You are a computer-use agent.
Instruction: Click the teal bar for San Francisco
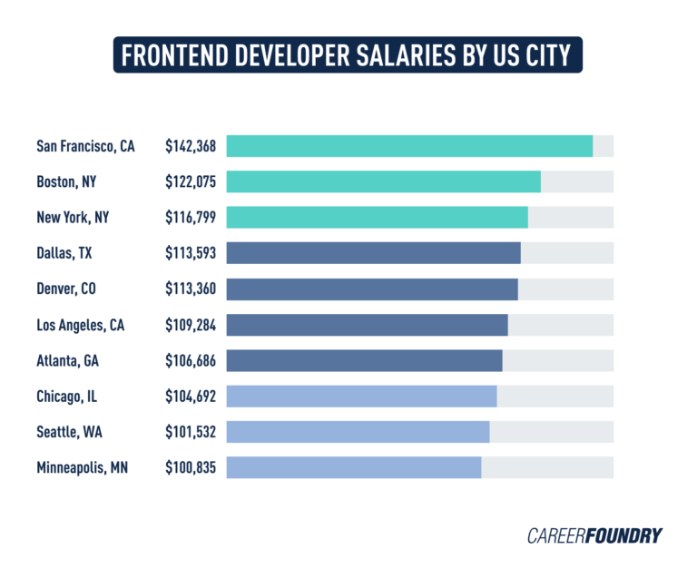[409, 146]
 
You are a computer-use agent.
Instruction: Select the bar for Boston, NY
[383, 181]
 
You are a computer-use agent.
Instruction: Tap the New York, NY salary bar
[377, 217]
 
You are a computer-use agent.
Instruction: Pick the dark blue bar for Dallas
[373, 253]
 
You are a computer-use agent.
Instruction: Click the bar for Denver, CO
[372, 289]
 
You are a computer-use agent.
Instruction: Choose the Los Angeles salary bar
[367, 325]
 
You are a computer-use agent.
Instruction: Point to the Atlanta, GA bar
[364, 360]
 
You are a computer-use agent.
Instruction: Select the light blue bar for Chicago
[361, 396]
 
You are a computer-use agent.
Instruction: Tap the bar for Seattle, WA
[358, 432]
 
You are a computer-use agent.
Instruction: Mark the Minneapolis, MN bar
[354, 467]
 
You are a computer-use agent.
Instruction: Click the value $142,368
[191, 146]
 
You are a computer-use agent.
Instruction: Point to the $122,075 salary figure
[191, 181]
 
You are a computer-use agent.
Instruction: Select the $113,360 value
[191, 289]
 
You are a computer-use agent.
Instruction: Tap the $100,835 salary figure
[191, 467]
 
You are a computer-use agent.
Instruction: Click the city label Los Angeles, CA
[81, 325]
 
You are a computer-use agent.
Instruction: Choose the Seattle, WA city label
[67, 432]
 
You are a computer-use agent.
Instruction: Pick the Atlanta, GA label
[67, 360]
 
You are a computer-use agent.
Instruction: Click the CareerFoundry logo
[594, 535]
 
